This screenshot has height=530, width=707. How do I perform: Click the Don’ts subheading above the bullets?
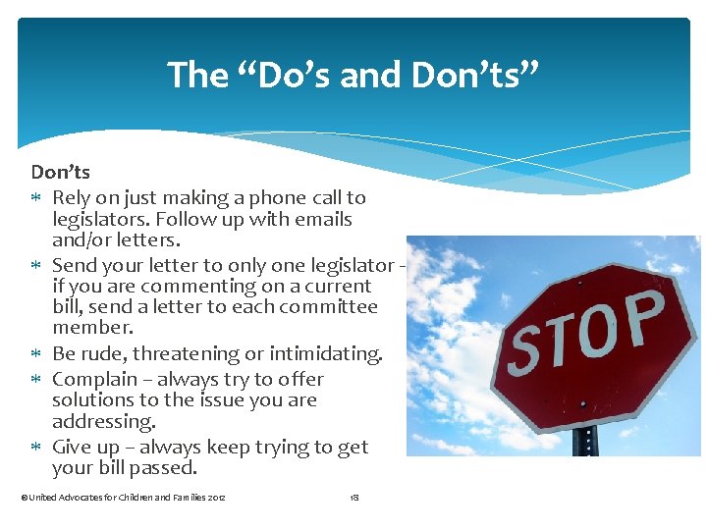(61, 173)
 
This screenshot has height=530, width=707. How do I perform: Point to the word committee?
(330, 306)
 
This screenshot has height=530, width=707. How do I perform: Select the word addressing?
(103, 421)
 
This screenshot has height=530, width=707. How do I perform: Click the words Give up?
(84, 448)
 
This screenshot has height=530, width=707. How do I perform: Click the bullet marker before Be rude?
(36, 354)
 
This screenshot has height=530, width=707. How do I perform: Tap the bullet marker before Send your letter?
(36, 266)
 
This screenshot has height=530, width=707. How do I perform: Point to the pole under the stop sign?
(586, 441)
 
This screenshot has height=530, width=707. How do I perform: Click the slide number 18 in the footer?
(354, 499)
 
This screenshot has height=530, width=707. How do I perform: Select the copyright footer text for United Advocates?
(123, 499)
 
